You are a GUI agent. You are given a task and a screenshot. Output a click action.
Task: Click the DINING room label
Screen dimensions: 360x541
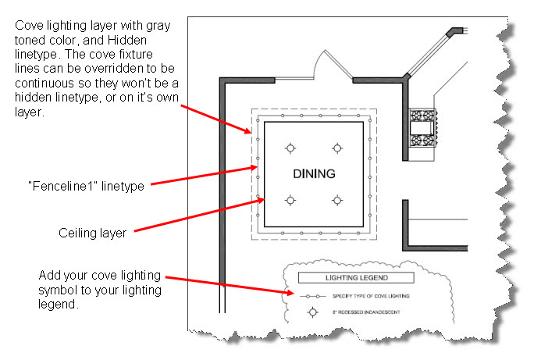(x=314, y=173)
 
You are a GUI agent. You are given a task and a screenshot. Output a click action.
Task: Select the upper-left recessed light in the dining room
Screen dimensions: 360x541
(x=290, y=148)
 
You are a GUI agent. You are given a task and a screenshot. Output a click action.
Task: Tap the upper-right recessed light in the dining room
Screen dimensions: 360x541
(x=337, y=148)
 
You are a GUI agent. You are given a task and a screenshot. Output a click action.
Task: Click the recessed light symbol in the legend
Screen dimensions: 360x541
(x=314, y=312)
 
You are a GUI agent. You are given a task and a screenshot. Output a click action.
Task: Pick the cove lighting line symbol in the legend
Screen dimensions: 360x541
(x=314, y=297)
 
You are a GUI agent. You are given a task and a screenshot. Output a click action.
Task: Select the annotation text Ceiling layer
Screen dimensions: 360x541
(x=93, y=232)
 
